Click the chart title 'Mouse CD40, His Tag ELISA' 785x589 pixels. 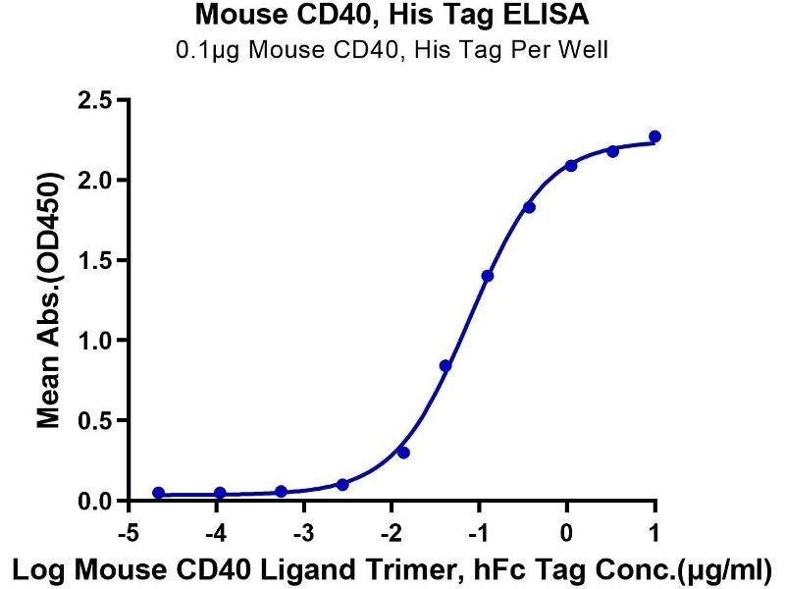point(392,15)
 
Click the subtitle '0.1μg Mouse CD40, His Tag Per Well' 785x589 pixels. point(392,49)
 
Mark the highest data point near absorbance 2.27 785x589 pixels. point(654,136)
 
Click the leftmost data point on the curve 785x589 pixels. point(159,493)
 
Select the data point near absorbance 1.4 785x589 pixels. point(488,276)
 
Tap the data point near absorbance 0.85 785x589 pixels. point(445,365)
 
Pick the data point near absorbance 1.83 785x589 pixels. point(529,207)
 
